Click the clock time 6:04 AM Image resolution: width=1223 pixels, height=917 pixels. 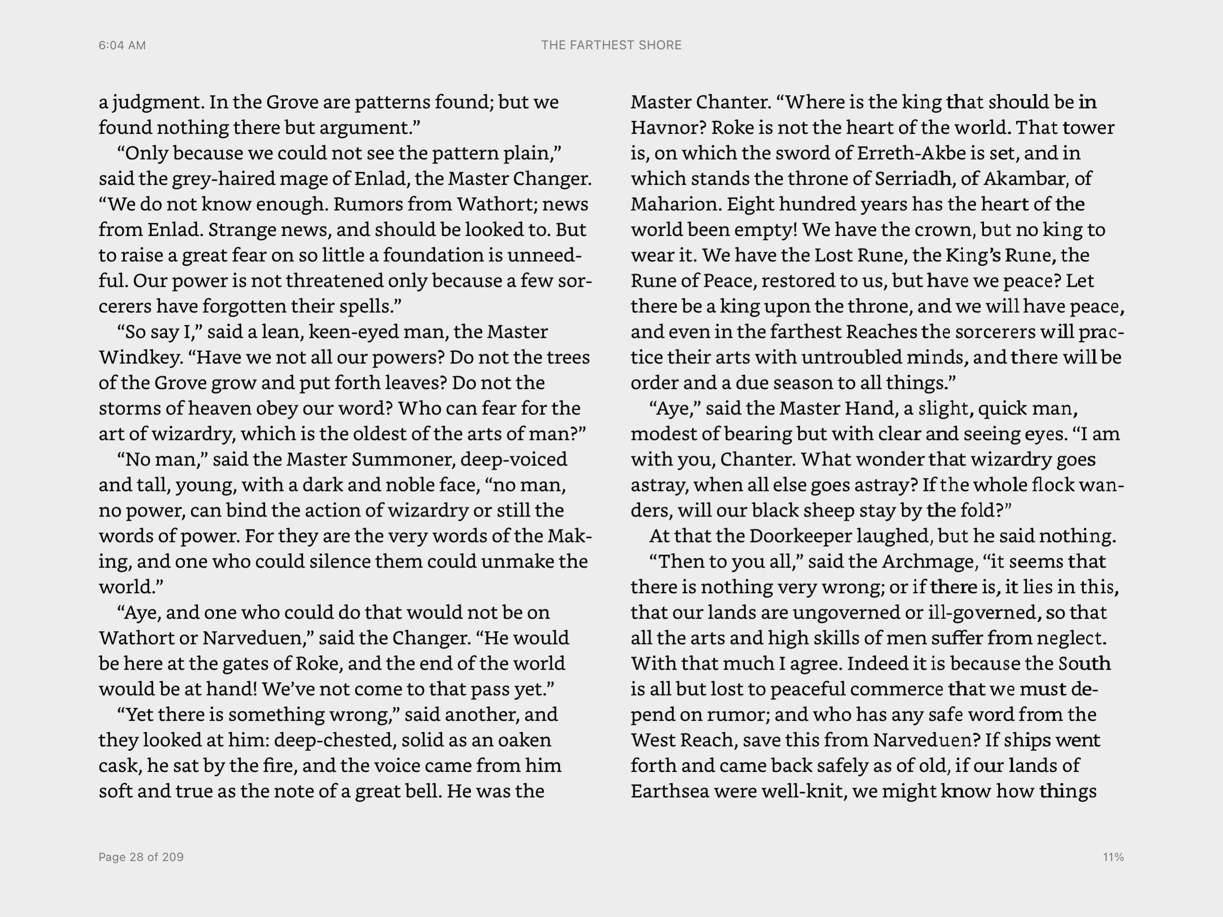(122, 45)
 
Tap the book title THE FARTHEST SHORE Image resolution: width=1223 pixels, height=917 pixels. (611, 45)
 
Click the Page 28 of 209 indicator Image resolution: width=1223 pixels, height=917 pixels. (141, 857)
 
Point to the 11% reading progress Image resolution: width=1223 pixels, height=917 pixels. (1113, 857)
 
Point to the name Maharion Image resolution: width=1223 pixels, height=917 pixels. (676, 204)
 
